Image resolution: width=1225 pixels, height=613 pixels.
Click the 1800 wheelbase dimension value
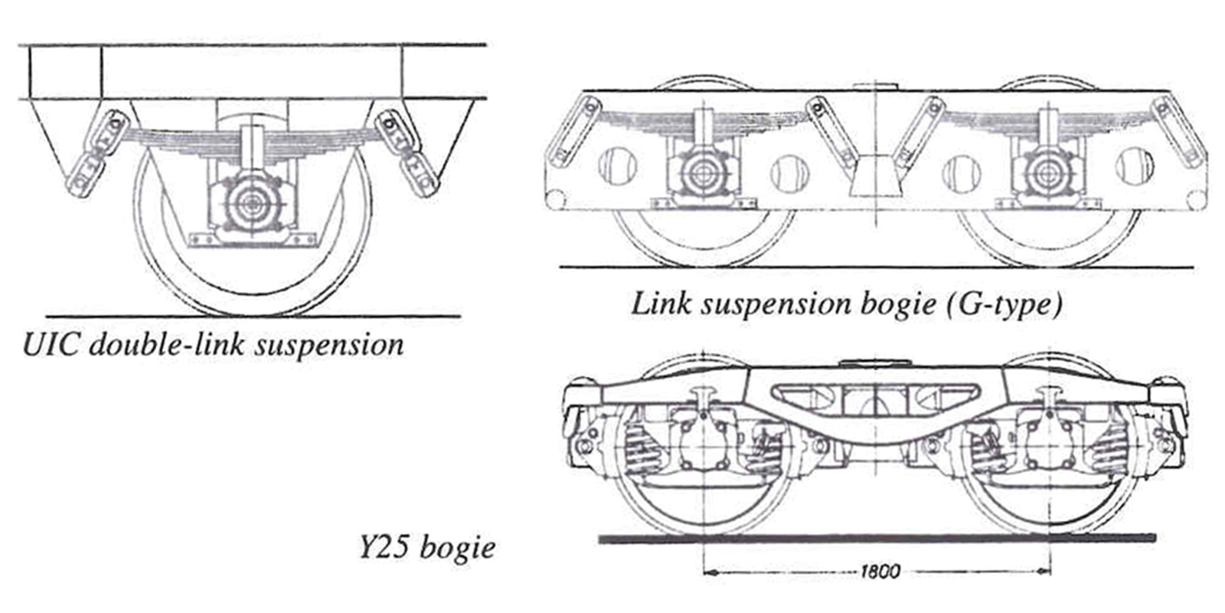click(880, 572)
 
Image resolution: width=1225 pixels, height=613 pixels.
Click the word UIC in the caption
click(51, 345)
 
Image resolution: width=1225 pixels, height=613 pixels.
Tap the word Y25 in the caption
click(382, 549)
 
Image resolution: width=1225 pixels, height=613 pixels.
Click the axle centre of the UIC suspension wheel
click(250, 204)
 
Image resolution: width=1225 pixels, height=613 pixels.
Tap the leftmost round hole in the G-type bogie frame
click(617, 166)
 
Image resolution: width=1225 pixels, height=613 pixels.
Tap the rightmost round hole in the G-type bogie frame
click(1134, 167)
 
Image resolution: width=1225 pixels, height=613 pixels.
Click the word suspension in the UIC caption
click(329, 345)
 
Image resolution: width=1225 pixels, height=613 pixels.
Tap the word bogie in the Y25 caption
click(459, 549)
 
